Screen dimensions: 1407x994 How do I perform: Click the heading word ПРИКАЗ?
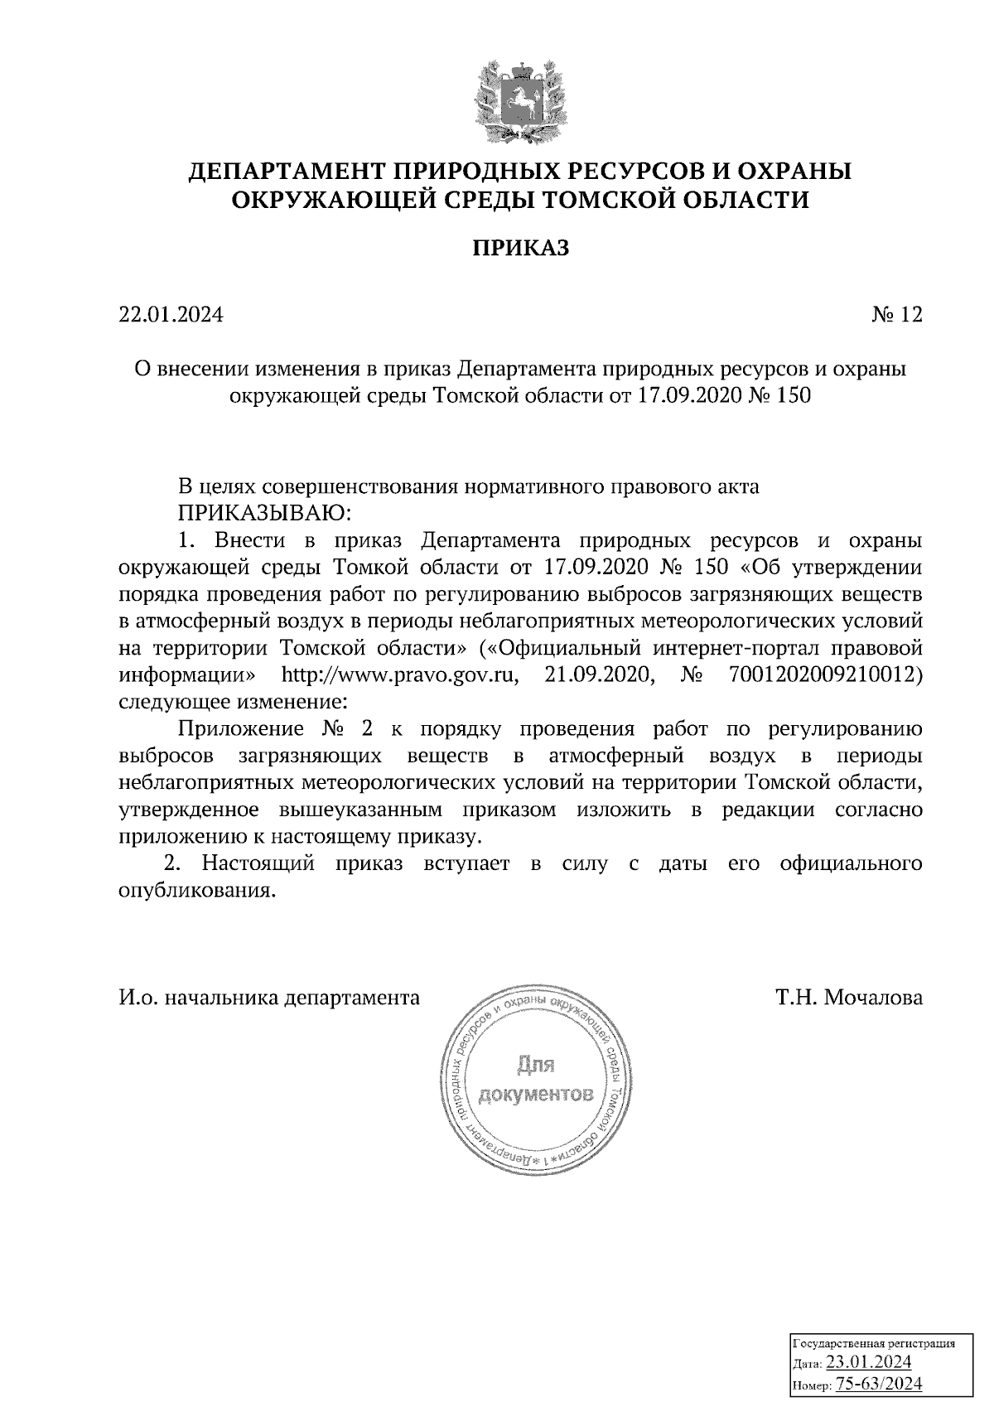coord(521,248)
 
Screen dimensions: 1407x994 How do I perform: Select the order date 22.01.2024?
coord(171,315)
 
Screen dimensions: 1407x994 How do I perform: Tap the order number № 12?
coord(896,315)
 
